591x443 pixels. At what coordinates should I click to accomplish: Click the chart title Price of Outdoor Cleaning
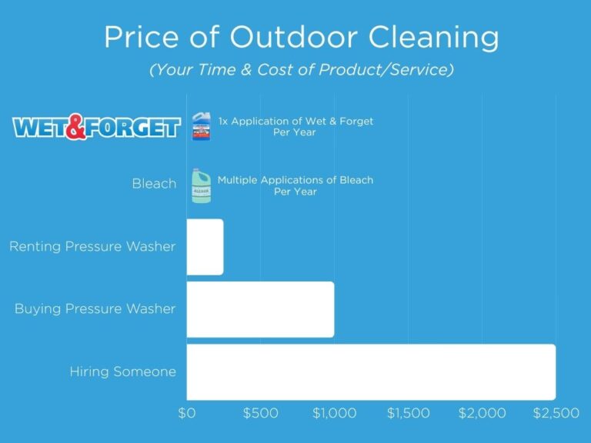pyautogui.click(x=302, y=37)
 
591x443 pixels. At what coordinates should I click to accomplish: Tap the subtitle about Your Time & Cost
pyautogui.click(x=302, y=70)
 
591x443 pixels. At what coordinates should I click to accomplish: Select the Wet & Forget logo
pyautogui.click(x=97, y=126)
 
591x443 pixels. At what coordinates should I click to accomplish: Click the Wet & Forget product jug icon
pyautogui.click(x=200, y=125)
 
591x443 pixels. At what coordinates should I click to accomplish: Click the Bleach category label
pyautogui.click(x=153, y=185)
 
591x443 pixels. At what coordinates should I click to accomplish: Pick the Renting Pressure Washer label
pyautogui.click(x=92, y=247)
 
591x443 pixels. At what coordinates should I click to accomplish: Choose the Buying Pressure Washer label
pyautogui.click(x=95, y=309)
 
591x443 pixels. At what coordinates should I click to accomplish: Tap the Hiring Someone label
pyautogui.click(x=123, y=371)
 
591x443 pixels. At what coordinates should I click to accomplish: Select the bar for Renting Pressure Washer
pyautogui.click(x=205, y=247)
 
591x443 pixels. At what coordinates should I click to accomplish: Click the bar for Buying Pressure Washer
pyautogui.click(x=260, y=309)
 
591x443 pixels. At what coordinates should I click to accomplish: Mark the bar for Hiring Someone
pyautogui.click(x=371, y=371)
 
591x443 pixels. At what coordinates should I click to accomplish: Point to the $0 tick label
pyautogui.click(x=187, y=413)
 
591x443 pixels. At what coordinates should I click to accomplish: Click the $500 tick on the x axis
pyautogui.click(x=260, y=413)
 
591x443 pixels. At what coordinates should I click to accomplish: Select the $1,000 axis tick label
pyautogui.click(x=334, y=413)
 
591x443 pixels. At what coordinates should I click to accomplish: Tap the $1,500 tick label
pyautogui.click(x=408, y=413)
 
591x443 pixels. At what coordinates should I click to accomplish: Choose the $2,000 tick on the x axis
pyautogui.click(x=482, y=413)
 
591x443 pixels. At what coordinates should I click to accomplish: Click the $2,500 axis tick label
pyautogui.click(x=556, y=413)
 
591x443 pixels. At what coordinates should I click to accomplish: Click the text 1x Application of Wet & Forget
pyautogui.click(x=295, y=126)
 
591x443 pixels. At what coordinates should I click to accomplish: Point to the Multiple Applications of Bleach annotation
pyautogui.click(x=295, y=185)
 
